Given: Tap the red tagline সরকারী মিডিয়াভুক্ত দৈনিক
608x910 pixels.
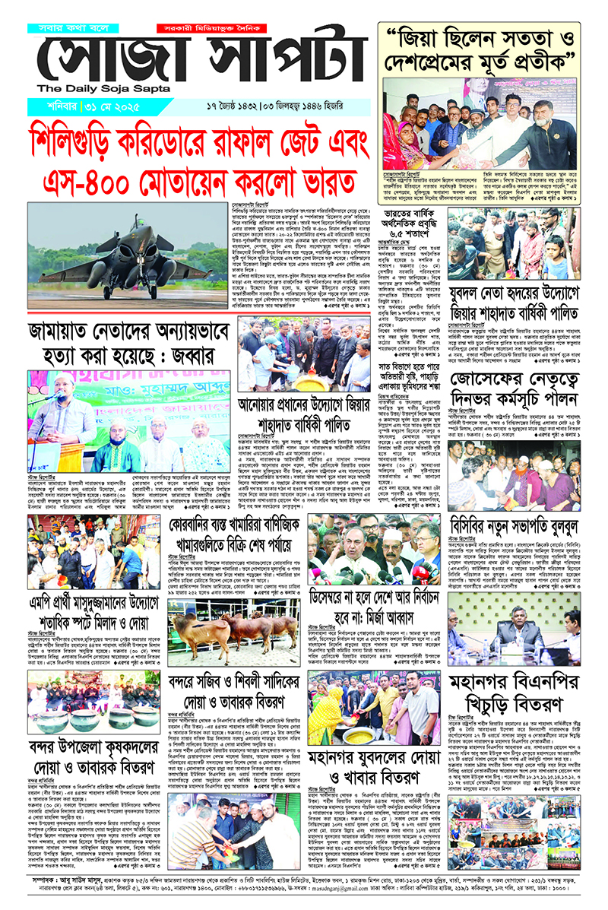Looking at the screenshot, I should (195, 27).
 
